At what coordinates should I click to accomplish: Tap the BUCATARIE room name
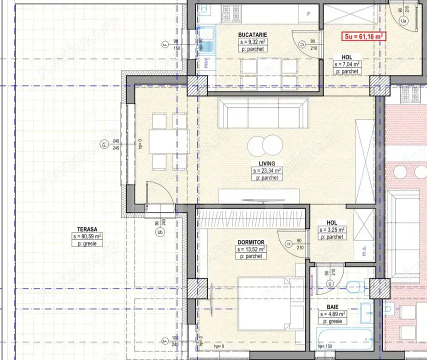(x=251, y=34)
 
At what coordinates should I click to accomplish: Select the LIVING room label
(x=267, y=163)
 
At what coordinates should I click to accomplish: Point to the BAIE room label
(x=331, y=307)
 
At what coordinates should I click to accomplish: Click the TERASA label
(x=87, y=228)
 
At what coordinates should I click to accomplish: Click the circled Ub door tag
(x=160, y=232)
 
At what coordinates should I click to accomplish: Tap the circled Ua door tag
(x=404, y=20)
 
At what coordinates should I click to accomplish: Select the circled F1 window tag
(x=104, y=145)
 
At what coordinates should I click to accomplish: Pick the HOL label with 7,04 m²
(x=347, y=57)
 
